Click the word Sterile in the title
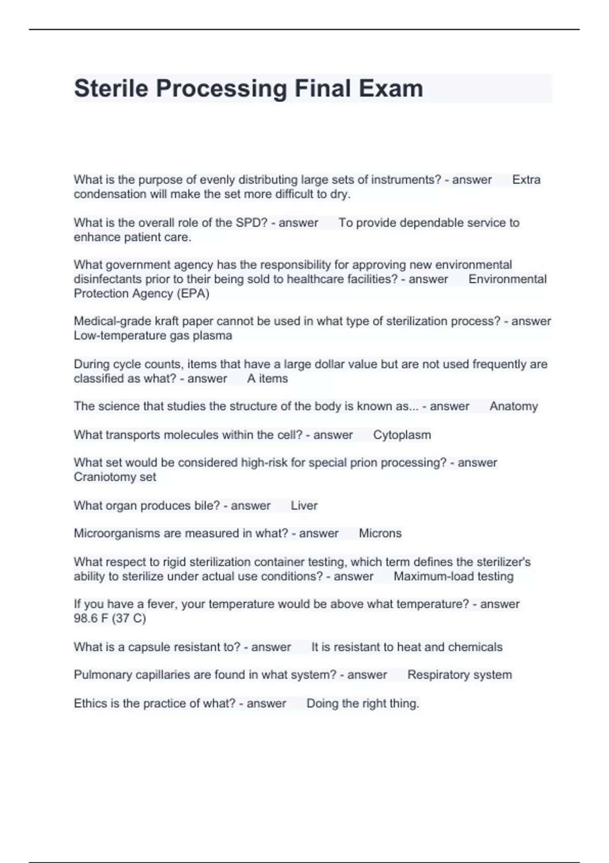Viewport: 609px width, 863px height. (x=112, y=88)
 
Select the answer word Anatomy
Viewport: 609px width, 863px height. (x=513, y=406)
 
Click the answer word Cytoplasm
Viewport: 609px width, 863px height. (x=402, y=435)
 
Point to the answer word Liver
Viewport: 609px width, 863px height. (x=304, y=506)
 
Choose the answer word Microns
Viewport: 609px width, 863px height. (x=380, y=534)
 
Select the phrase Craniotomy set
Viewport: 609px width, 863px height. (x=115, y=477)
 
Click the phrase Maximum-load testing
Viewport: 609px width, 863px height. (x=453, y=577)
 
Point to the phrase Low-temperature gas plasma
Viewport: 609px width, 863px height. (x=153, y=336)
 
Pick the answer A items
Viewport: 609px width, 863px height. (x=267, y=379)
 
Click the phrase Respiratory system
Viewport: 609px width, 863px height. (x=459, y=675)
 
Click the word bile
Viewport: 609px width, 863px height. (x=206, y=506)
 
